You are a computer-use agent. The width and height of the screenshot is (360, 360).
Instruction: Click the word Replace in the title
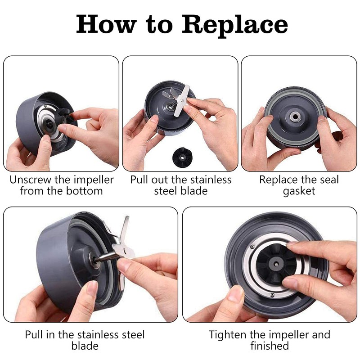(x=234, y=25)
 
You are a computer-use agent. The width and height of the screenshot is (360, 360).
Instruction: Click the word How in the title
(x=106, y=24)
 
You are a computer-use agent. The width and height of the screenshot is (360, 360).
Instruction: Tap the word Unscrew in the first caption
(x=31, y=180)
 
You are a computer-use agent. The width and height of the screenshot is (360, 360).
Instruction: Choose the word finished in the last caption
(x=270, y=346)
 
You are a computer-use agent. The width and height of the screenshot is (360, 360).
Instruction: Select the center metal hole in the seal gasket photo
(x=295, y=117)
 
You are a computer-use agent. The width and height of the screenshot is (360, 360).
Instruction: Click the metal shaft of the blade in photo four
(x=104, y=257)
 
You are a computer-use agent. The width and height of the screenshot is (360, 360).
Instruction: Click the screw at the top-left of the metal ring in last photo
(x=252, y=247)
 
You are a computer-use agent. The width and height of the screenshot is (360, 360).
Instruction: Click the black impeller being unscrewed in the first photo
(x=64, y=117)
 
